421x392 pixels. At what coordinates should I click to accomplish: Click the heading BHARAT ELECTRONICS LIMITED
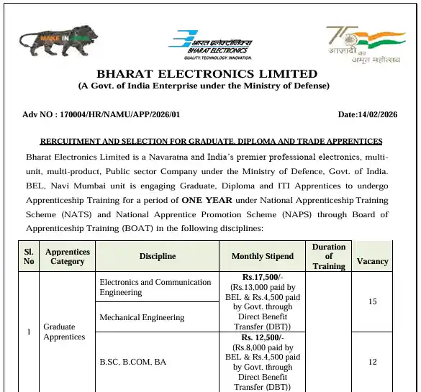[207, 74]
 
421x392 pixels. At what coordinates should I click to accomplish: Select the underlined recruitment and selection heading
[211, 141]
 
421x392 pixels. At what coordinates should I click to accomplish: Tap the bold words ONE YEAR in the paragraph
[207, 200]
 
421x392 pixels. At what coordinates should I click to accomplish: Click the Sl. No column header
[29, 256]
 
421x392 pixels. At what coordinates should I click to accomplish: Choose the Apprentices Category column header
[68, 256]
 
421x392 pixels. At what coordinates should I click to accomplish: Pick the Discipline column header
[158, 256]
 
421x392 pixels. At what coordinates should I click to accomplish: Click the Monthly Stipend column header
[263, 256]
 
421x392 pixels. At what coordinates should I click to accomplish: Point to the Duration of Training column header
[329, 256]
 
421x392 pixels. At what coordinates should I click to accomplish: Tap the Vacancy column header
[373, 261]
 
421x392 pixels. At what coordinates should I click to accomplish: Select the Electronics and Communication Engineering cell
[155, 287]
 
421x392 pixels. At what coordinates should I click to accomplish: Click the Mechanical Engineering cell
[142, 317]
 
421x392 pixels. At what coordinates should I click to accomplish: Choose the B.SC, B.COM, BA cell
[133, 362]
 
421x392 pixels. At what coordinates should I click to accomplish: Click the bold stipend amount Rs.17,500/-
[263, 277]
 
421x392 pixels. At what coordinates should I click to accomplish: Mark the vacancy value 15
[373, 301]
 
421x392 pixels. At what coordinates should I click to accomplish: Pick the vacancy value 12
[373, 362]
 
